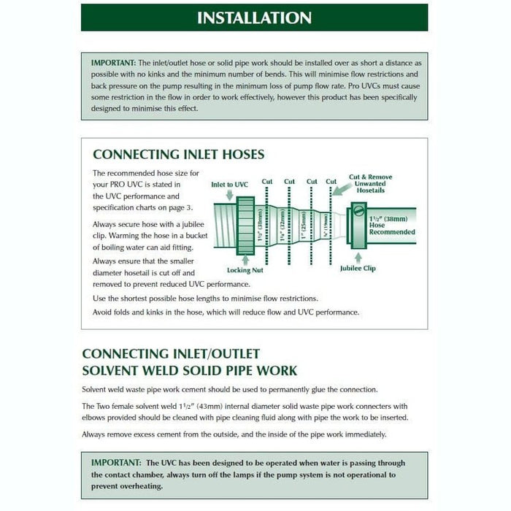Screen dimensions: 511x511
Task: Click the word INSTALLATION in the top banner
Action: point(255,18)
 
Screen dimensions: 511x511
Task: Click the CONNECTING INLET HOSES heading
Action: point(179,154)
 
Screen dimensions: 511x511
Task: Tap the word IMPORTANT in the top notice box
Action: point(113,64)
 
